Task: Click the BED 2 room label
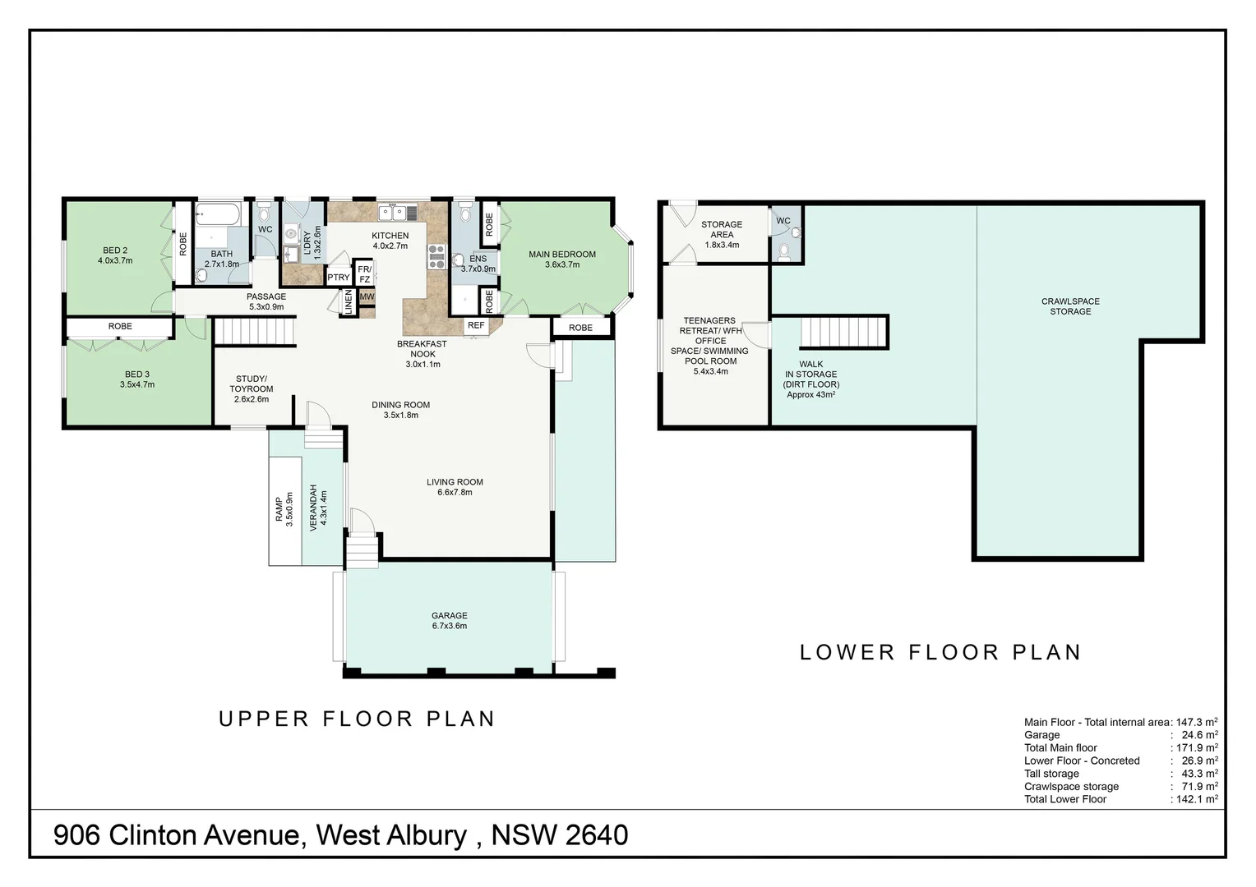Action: tap(115, 250)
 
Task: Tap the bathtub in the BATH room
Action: tap(218, 214)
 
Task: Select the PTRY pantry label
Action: tap(338, 278)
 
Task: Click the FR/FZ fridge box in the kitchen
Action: tap(364, 274)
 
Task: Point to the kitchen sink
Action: tap(398, 213)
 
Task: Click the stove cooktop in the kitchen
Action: tap(436, 257)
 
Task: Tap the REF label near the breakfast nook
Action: tap(475, 325)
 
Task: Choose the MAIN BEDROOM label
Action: tap(562, 255)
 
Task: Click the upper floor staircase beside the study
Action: tap(255, 331)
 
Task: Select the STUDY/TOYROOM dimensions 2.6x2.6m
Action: tap(252, 399)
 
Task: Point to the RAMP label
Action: tap(278, 509)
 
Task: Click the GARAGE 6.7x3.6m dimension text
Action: tap(449, 626)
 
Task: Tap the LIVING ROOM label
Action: tap(455, 482)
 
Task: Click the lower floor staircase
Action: tap(843, 333)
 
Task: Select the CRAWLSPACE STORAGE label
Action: tap(1070, 306)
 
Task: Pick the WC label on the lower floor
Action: tap(783, 221)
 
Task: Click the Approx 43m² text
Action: tap(810, 394)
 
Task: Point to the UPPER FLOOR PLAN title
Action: tap(357, 719)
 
